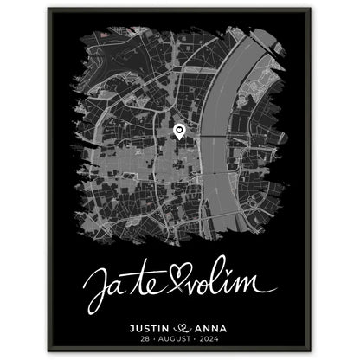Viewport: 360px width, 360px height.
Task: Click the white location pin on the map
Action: tap(178, 132)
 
